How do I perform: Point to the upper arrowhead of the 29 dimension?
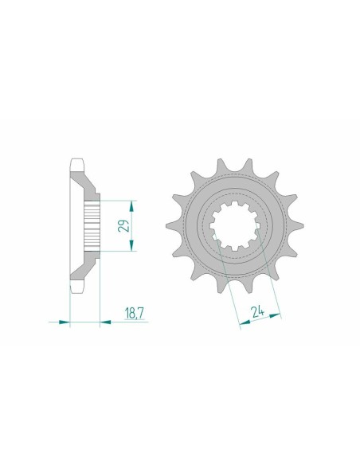tap(131, 203)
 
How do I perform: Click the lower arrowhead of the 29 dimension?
tap(131, 248)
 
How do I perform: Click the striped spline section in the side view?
tap(93, 225)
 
